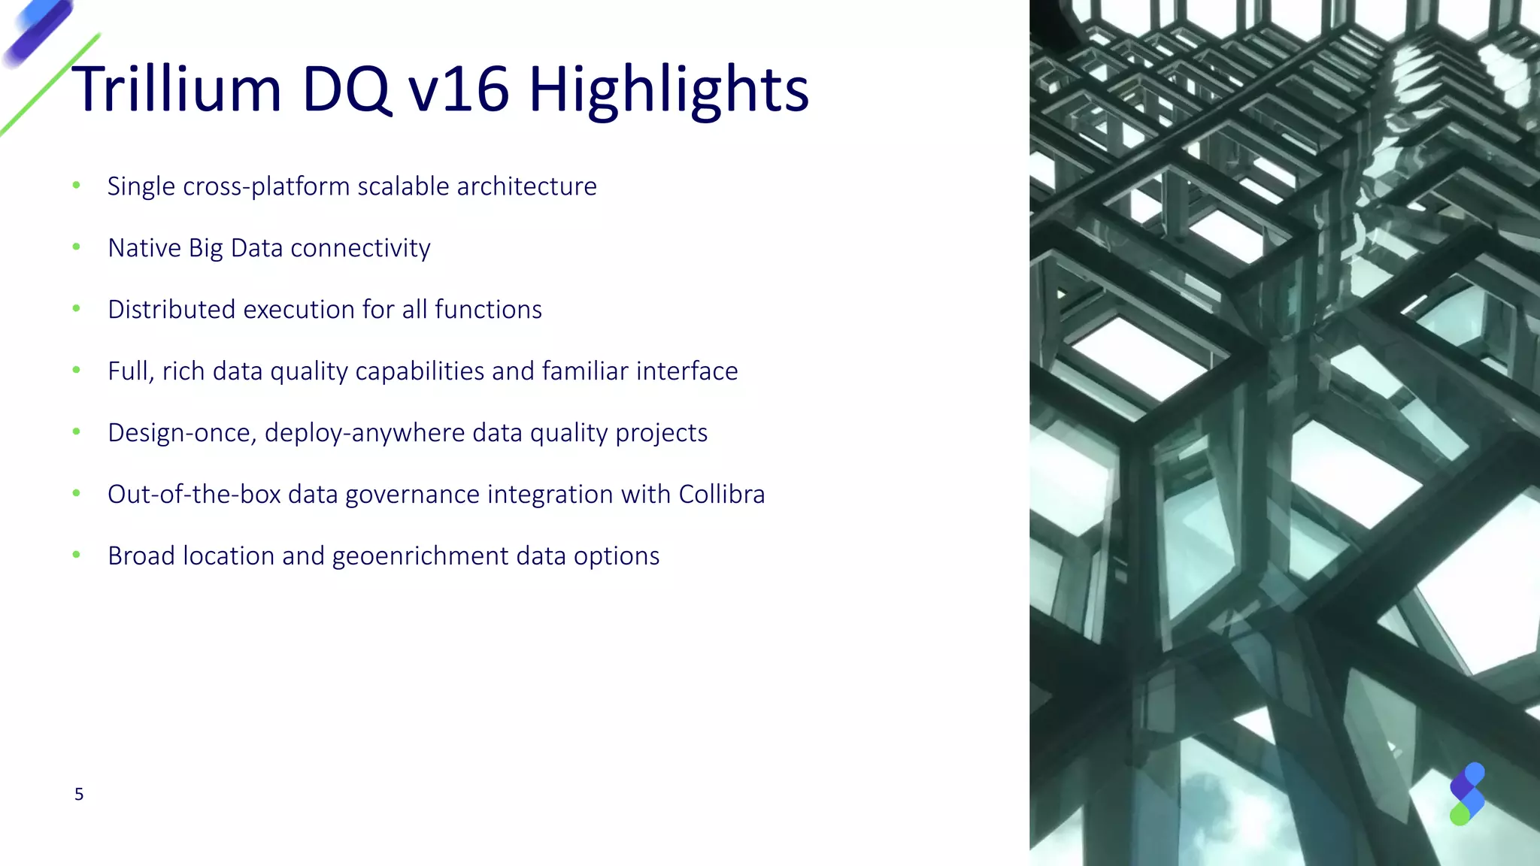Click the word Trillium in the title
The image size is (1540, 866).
177,89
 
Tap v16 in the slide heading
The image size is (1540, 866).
458,89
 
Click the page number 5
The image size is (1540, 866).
79,795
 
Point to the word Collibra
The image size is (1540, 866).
721,495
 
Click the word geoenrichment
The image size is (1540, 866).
420,557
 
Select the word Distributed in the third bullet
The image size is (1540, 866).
171,310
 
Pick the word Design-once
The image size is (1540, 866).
181,434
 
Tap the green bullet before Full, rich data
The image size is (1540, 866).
76,370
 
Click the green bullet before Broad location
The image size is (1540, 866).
76,555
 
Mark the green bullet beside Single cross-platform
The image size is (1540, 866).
76,185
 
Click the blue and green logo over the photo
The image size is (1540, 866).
1466,794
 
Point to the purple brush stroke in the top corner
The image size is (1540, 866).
38,32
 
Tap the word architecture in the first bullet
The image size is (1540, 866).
526,186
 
